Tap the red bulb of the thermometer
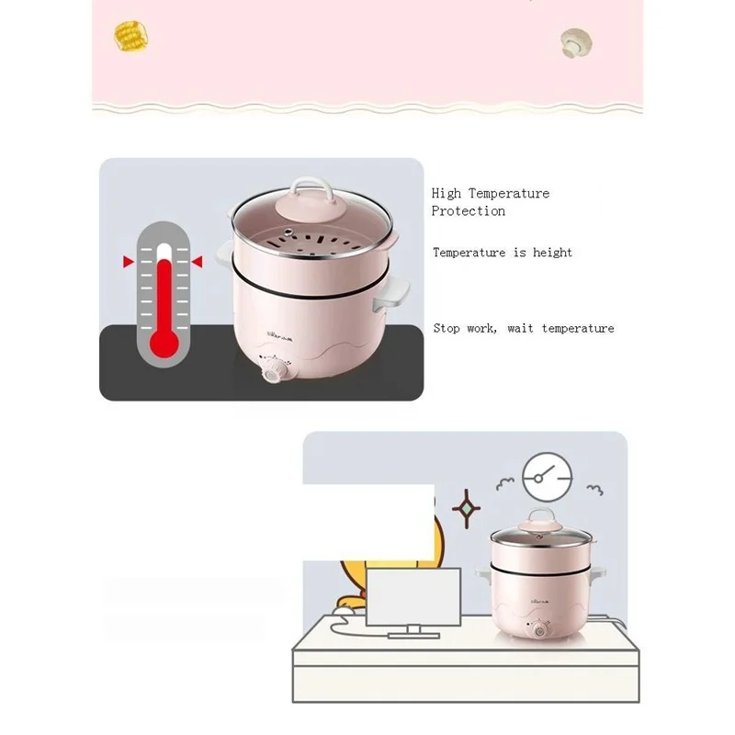tap(164, 341)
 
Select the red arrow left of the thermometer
tap(128, 263)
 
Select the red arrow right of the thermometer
tap(197, 263)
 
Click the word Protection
tap(469, 211)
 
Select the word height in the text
tap(551, 253)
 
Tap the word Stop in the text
tap(447, 328)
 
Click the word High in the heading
tap(447, 193)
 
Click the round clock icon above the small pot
tap(546, 476)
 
